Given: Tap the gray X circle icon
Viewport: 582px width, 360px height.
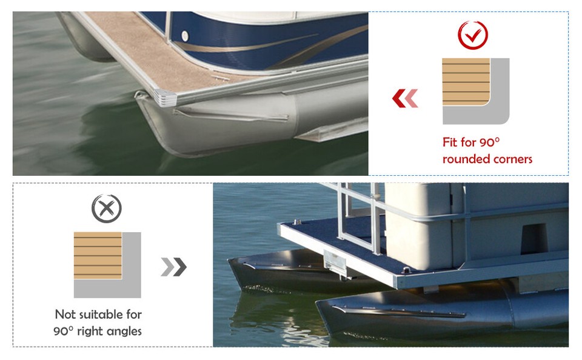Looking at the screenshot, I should [107, 209].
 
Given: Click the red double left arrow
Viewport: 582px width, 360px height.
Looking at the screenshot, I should [405, 98].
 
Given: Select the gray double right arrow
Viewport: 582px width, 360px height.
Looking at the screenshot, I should [174, 267].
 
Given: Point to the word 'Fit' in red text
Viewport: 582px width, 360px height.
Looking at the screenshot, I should [450, 143].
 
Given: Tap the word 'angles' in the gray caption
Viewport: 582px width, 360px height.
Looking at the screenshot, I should [122, 331].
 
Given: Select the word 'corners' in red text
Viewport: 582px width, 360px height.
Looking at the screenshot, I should [512, 159].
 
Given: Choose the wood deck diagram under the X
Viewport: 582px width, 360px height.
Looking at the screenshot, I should [98, 255].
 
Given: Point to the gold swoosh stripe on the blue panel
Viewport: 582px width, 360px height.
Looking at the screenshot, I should [255, 45].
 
